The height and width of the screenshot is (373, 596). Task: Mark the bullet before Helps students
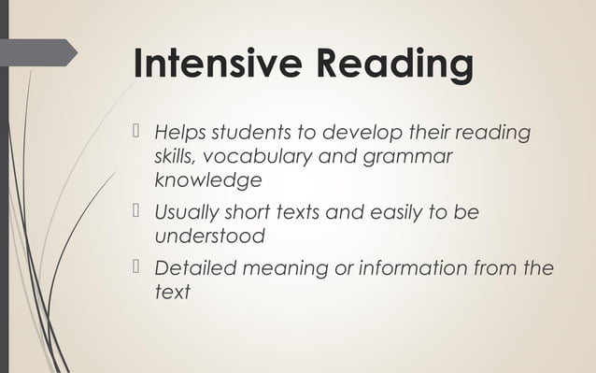point(137,132)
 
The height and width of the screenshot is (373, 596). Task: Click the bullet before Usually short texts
point(137,212)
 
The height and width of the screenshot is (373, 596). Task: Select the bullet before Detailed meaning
point(137,268)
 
